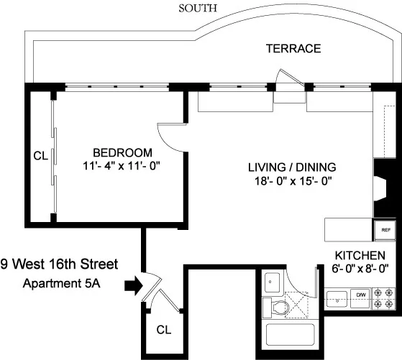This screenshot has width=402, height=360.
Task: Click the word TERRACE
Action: (293, 49)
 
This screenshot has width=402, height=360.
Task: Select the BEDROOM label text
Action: (122, 152)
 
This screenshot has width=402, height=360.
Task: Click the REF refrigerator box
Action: (385, 231)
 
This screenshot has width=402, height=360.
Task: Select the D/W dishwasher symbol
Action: (362, 295)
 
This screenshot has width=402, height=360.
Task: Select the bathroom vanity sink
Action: (271, 282)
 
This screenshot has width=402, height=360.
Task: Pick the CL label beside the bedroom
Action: (40, 155)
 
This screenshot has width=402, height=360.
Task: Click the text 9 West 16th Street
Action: (59, 264)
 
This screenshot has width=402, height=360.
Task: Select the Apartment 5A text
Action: (60, 283)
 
